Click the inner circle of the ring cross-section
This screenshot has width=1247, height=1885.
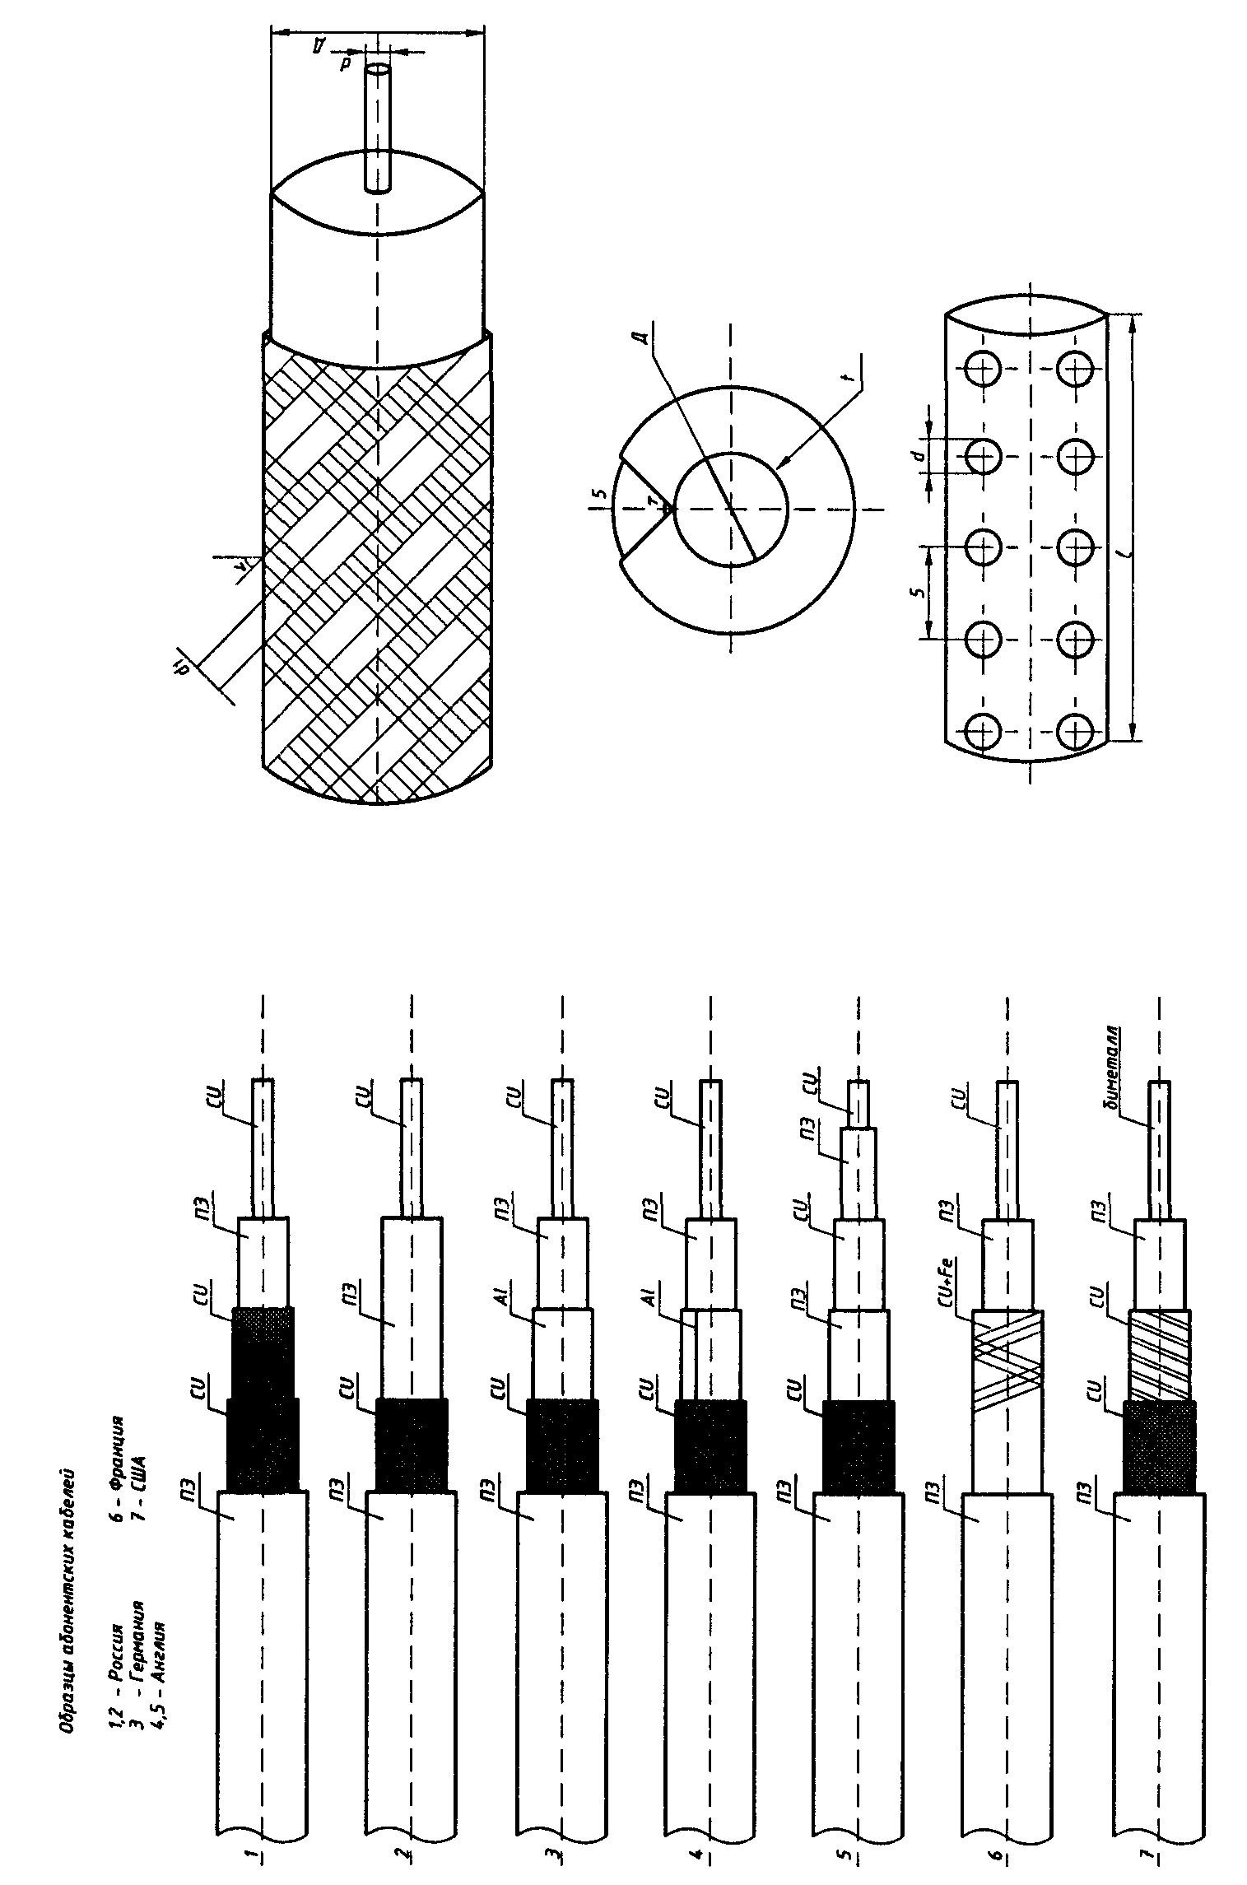(x=731, y=509)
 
